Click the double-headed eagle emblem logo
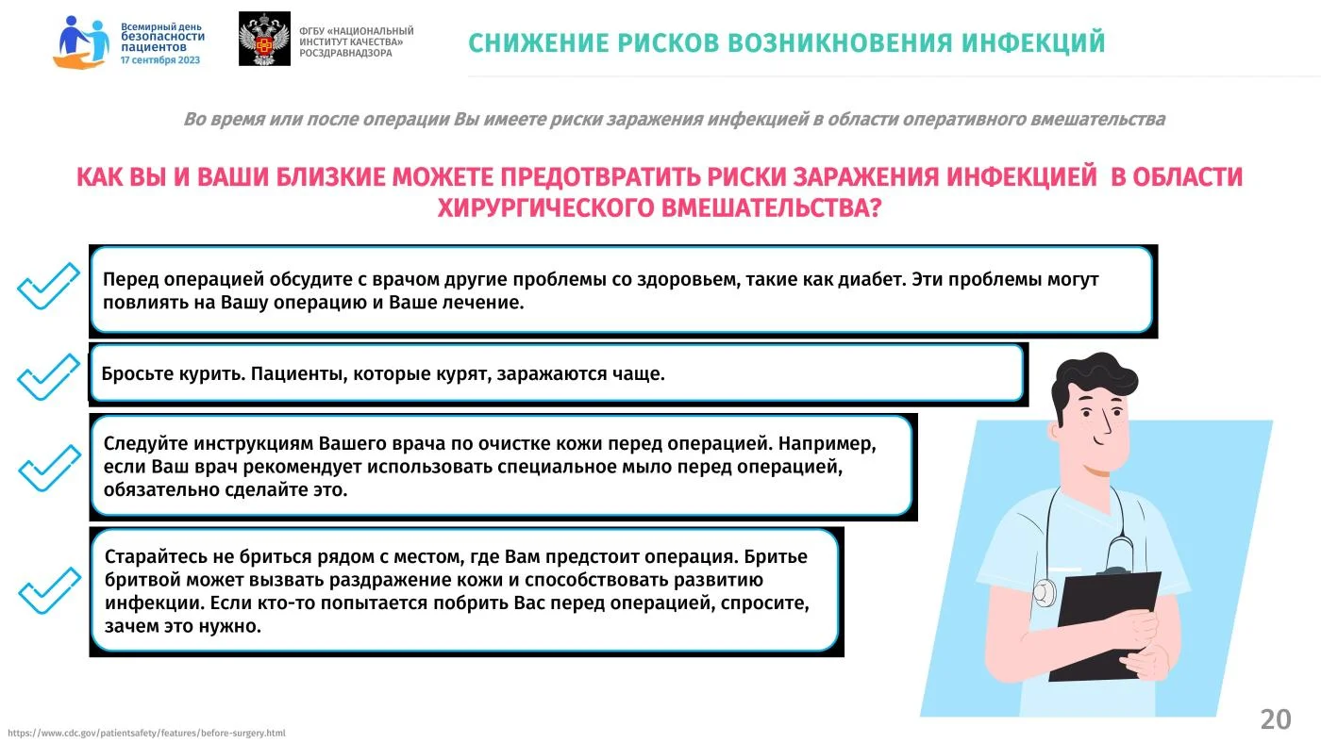point(264,39)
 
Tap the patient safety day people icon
point(81,42)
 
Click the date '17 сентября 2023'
point(160,60)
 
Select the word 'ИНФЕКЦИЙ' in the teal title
point(1033,43)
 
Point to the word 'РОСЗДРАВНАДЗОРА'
point(345,53)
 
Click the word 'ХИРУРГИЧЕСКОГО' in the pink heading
point(545,208)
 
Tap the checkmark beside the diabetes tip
point(48,286)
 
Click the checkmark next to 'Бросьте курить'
point(48,377)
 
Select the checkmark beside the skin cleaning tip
point(49,468)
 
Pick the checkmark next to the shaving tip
point(49,590)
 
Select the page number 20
point(1276,720)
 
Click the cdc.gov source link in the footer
point(146,733)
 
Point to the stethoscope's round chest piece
point(1045,592)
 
